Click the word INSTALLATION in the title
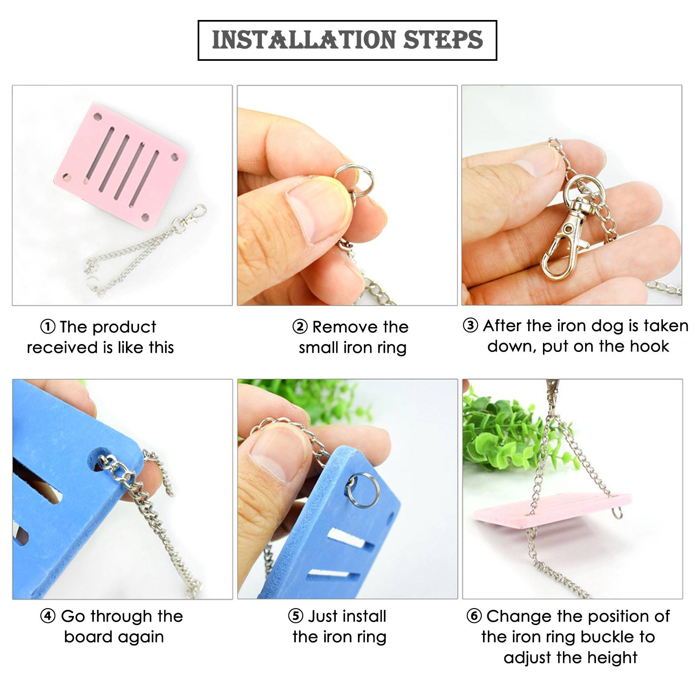(x=304, y=40)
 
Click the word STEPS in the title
(x=443, y=40)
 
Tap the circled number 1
(x=48, y=327)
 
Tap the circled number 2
(x=300, y=327)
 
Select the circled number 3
(x=470, y=325)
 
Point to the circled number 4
(x=48, y=616)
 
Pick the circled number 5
(x=295, y=616)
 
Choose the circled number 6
(x=474, y=616)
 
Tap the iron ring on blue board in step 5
(x=363, y=491)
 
